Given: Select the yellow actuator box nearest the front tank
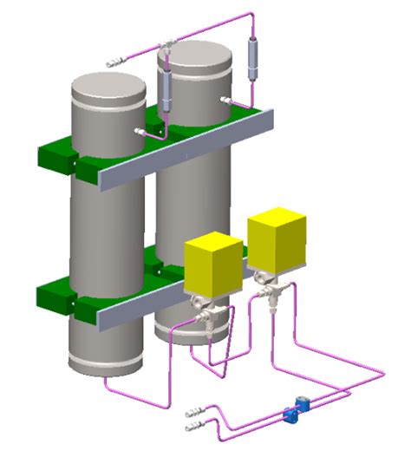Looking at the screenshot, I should pyautogui.click(x=213, y=265).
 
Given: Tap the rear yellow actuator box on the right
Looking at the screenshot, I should pyautogui.click(x=277, y=238).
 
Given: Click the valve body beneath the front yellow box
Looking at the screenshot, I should pyautogui.click(x=206, y=313).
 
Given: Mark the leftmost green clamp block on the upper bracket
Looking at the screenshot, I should pyautogui.click(x=54, y=156).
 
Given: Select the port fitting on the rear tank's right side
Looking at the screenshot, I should pyautogui.click(x=227, y=101).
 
